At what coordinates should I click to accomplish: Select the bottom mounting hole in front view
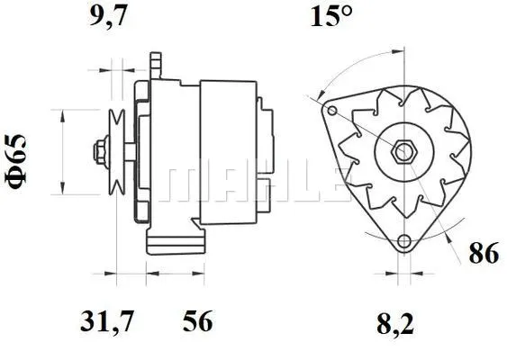pos(404,240)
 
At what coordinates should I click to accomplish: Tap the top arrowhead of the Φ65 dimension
pos(61,114)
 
